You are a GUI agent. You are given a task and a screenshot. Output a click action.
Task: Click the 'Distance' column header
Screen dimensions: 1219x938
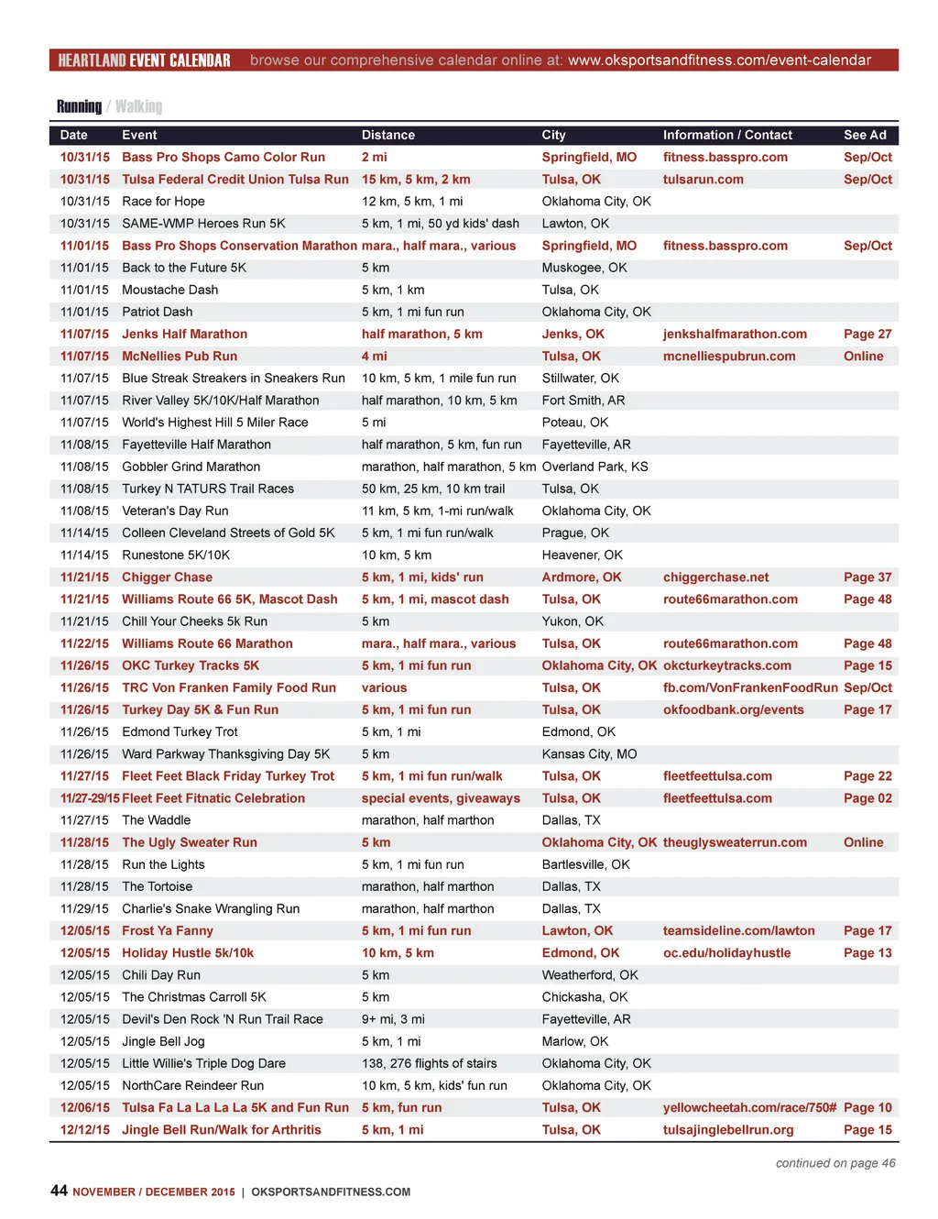pyautogui.click(x=387, y=135)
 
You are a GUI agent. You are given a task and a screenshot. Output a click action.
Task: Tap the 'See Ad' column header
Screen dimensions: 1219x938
pyautogui.click(x=865, y=135)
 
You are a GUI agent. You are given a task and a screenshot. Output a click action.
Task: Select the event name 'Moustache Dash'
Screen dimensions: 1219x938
pyautogui.click(x=170, y=290)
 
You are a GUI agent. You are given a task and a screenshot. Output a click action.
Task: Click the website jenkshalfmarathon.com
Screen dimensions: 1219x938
pyautogui.click(x=735, y=335)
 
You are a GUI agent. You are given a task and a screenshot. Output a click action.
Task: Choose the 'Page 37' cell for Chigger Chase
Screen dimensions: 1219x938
pyautogui.click(x=867, y=577)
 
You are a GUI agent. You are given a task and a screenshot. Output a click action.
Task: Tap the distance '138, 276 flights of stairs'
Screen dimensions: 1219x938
pyautogui.click(x=429, y=1063)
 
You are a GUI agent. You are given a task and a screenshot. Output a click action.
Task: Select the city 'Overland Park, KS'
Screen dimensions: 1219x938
pyautogui.click(x=594, y=467)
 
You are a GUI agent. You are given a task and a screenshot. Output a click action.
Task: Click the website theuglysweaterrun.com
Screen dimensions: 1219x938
pyautogui.click(x=735, y=842)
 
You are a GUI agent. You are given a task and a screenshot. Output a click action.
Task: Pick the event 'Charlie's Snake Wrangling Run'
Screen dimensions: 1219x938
pyautogui.click(x=211, y=909)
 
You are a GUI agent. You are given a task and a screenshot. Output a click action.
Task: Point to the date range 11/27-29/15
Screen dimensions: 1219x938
pyautogui.click(x=90, y=798)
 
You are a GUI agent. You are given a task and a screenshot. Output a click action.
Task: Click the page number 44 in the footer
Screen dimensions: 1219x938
pyautogui.click(x=59, y=1190)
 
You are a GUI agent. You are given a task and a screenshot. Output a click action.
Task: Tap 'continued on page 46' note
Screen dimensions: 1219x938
pyautogui.click(x=835, y=1163)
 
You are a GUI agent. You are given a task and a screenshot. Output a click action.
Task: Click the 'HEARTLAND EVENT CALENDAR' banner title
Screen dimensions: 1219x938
pyautogui.click(x=144, y=60)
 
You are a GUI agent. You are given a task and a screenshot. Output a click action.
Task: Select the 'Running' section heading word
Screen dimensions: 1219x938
pyautogui.click(x=79, y=106)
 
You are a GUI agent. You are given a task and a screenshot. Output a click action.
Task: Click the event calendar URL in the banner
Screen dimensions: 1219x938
pyautogui.click(x=719, y=60)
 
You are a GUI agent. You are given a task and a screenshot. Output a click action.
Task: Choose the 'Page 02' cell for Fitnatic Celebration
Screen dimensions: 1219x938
pyautogui.click(x=867, y=798)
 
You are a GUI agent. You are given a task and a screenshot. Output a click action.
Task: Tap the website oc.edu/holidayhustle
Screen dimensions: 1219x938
pyautogui.click(x=726, y=953)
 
